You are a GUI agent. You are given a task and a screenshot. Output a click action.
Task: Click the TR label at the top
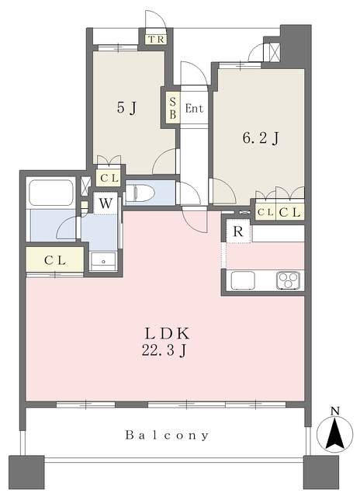click(156, 40)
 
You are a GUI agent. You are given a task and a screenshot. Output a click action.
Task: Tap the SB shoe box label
click(173, 108)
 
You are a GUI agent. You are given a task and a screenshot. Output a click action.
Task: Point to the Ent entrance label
click(194, 109)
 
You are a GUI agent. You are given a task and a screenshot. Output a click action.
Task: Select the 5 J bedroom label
click(126, 108)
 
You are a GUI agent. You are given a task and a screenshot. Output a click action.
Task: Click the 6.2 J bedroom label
click(261, 138)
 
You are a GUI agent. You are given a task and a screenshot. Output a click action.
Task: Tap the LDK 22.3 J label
click(165, 342)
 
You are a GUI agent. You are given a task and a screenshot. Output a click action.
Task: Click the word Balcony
click(167, 435)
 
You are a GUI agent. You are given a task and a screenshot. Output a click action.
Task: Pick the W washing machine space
click(106, 203)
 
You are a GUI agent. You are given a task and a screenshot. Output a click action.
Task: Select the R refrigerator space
click(238, 231)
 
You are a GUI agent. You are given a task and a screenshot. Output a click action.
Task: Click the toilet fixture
click(140, 193)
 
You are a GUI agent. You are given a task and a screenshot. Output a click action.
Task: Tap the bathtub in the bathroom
click(51, 193)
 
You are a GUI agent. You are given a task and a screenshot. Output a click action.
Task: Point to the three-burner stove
click(288, 280)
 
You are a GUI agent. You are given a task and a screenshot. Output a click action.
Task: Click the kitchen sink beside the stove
click(243, 280)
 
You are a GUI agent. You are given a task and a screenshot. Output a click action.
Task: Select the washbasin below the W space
click(103, 261)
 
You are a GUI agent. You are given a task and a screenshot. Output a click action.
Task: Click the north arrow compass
click(334, 434)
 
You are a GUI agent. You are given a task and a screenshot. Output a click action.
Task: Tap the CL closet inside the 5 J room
click(109, 178)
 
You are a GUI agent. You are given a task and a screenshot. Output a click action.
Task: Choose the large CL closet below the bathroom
click(55, 260)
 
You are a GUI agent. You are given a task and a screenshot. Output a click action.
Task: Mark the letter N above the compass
click(335, 412)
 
